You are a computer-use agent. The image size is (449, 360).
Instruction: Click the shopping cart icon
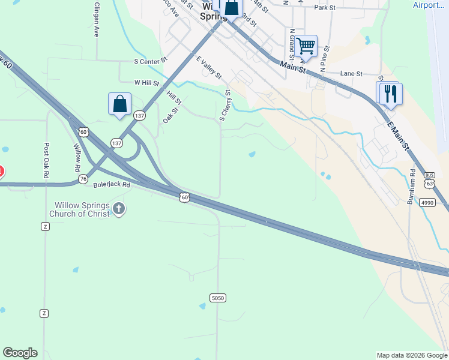click(306, 46)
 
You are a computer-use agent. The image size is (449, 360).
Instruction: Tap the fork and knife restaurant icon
click(391, 94)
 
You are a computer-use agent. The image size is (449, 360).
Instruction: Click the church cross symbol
click(119, 209)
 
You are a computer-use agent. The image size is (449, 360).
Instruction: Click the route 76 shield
click(83, 179)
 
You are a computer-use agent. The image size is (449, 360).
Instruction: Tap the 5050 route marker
click(218, 298)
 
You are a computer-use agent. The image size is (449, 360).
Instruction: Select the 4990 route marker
click(427, 203)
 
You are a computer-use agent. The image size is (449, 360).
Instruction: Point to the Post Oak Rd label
click(46, 160)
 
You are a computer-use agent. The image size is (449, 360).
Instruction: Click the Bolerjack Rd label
click(112, 185)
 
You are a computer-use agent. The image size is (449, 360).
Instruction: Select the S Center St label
click(151, 61)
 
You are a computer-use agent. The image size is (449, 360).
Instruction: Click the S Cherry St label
click(225, 106)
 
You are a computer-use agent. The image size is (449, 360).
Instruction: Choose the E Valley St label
click(209, 68)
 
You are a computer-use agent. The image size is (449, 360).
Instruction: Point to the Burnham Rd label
click(412, 187)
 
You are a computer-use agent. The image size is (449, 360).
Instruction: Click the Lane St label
click(352, 73)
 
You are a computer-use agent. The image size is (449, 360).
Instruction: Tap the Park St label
click(324, 8)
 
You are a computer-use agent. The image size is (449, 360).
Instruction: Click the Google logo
click(20, 353)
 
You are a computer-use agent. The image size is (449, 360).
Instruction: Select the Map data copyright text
click(412, 355)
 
